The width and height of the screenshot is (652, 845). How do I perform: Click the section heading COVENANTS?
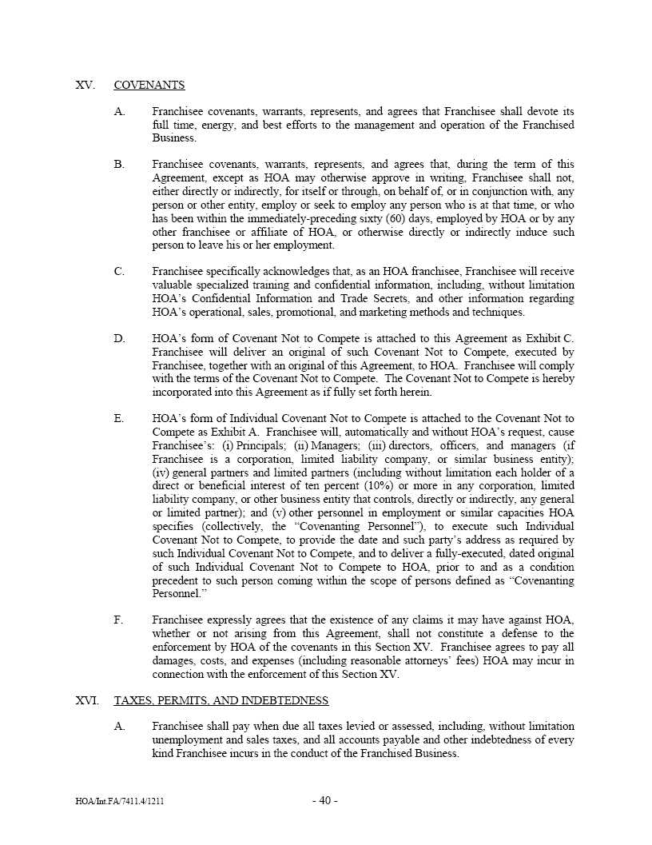click(149, 85)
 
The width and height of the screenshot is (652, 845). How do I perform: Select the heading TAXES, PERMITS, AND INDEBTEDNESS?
click(221, 700)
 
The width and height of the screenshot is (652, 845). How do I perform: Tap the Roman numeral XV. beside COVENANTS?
click(85, 85)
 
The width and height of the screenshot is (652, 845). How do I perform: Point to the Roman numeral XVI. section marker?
click(87, 700)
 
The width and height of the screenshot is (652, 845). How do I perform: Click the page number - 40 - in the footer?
click(325, 801)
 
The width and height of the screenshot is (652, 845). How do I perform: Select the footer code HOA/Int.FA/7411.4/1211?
click(120, 801)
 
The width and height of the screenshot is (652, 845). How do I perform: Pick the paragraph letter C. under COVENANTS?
click(119, 272)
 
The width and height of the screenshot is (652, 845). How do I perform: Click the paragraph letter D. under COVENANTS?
click(119, 339)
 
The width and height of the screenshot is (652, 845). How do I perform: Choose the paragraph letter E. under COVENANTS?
click(119, 419)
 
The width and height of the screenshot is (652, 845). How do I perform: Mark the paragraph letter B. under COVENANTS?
click(119, 164)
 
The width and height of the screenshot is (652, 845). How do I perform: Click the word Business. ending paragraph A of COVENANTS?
click(173, 138)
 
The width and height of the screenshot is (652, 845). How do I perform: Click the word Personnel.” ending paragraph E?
click(177, 593)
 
